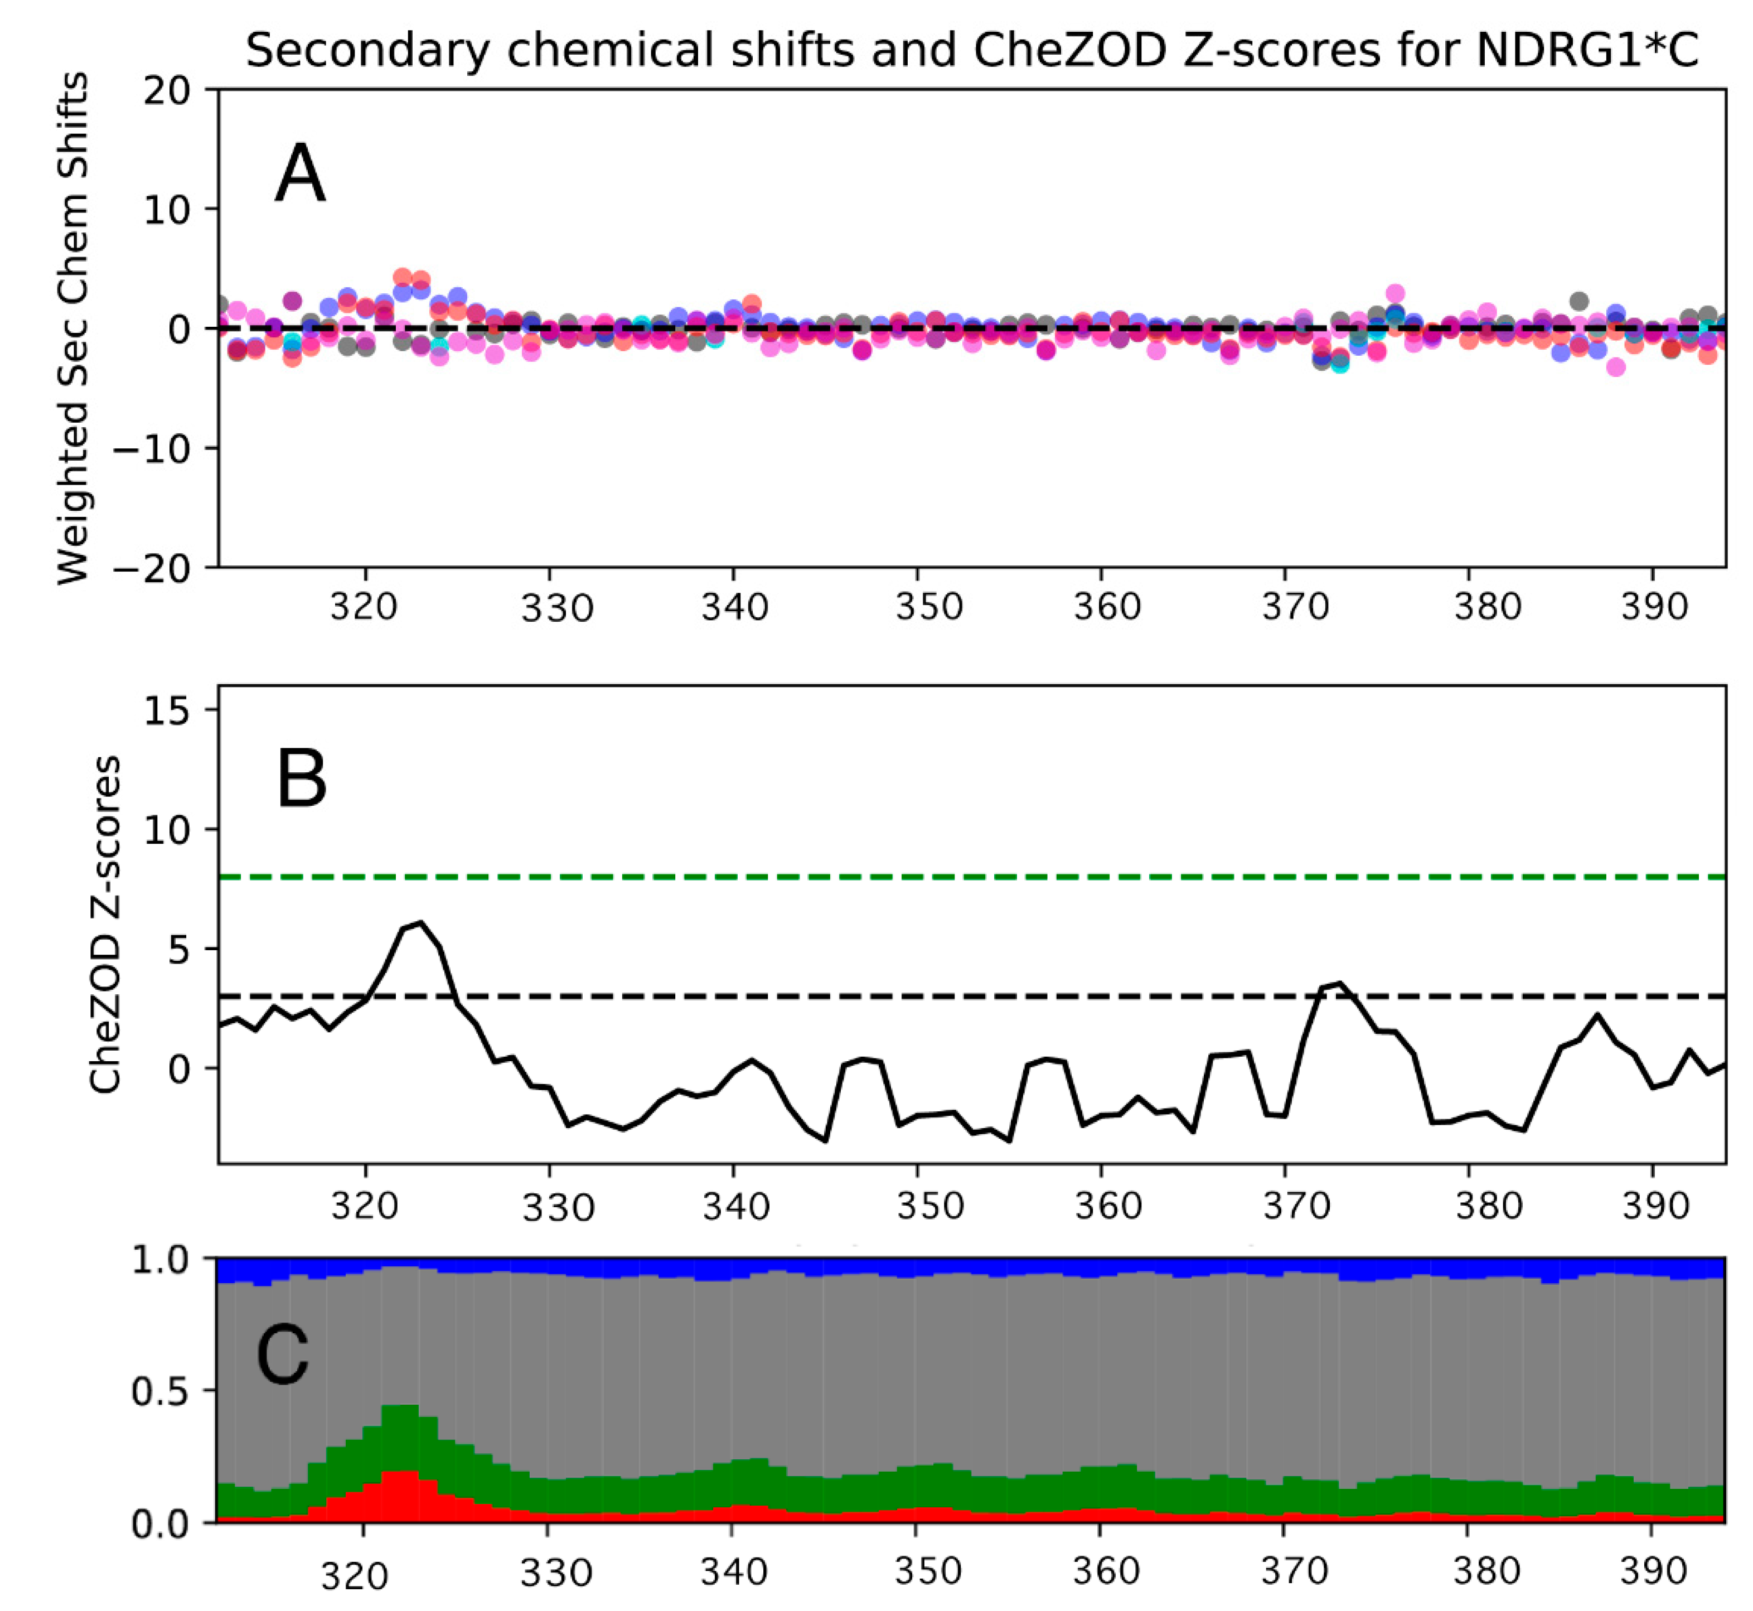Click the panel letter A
300,175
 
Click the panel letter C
283,1357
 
